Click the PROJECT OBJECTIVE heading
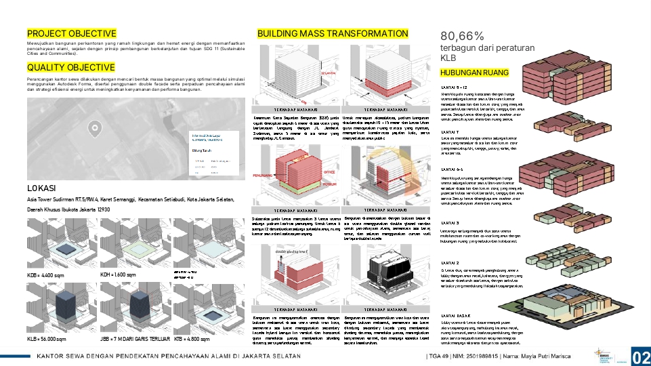[x=72, y=33]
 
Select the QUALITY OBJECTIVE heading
[x=71, y=67]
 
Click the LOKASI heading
[x=41, y=187]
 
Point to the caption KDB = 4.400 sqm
[x=45, y=276]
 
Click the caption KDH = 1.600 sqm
[x=119, y=275]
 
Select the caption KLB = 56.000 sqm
[x=47, y=338]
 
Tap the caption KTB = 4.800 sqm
[x=192, y=338]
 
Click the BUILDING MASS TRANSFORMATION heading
[x=333, y=33]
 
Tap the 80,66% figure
[x=463, y=36]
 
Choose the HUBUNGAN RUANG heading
[x=474, y=73]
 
